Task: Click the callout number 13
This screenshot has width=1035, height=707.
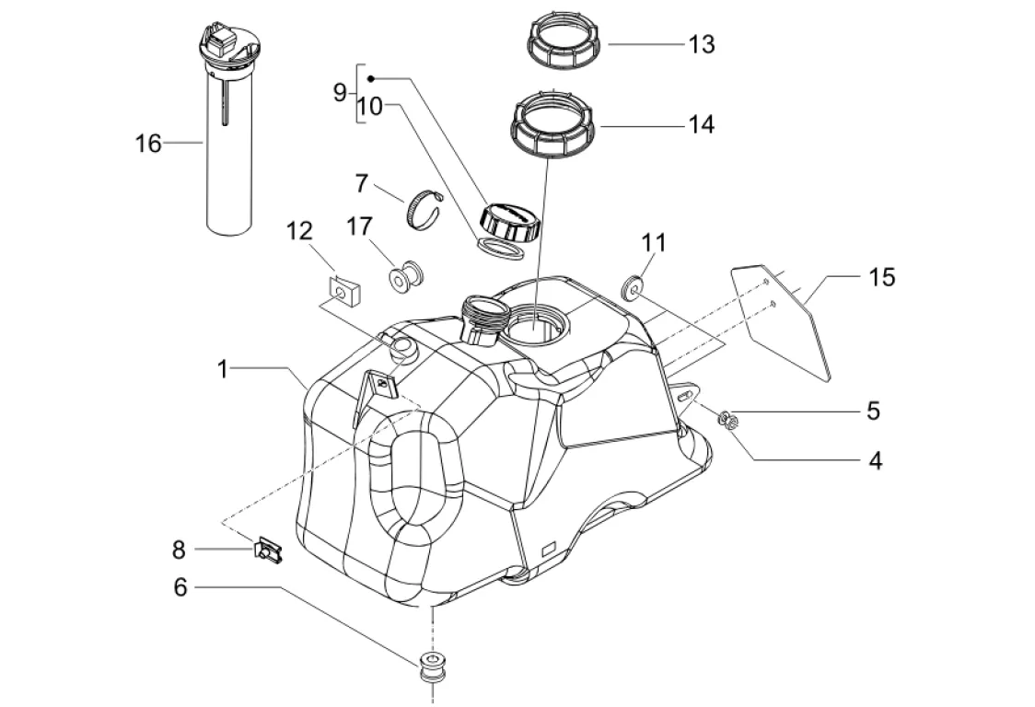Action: tap(702, 44)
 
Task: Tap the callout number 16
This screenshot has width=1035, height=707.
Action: tap(148, 143)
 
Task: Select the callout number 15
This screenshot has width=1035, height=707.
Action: tap(882, 277)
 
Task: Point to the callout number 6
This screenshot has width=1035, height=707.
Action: tap(180, 586)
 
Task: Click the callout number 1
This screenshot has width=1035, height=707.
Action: tap(223, 369)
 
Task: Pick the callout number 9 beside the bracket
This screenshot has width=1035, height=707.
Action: tap(339, 92)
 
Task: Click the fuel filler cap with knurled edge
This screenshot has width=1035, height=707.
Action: tap(509, 221)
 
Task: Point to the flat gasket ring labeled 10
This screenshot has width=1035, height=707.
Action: tap(500, 249)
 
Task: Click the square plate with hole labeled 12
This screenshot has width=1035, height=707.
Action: tap(345, 291)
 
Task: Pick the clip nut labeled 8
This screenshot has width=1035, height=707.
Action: tap(267, 550)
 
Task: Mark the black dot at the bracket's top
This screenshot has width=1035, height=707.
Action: tap(371, 78)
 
